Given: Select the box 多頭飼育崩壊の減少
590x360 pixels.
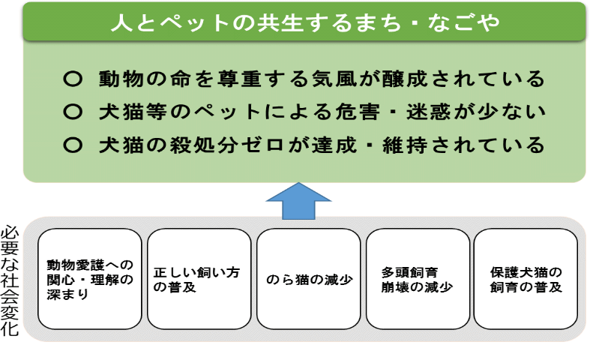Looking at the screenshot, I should pyautogui.click(x=418, y=279).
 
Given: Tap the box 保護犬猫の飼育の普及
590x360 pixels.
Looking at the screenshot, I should pyautogui.click(x=526, y=279).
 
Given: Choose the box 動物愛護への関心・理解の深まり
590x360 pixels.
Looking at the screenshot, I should pyautogui.click(x=89, y=279).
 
